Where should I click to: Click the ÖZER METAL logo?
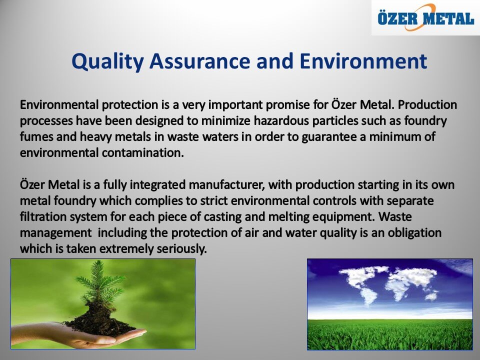click(426, 17)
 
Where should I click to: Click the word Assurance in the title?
click(199, 61)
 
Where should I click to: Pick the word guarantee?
click(329, 137)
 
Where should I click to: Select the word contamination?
click(142, 152)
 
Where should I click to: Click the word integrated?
click(157, 185)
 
